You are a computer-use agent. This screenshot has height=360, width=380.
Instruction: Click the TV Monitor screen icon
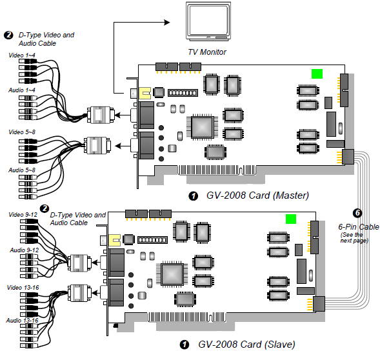pos(208,21)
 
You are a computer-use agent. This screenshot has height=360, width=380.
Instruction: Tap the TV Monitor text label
pos(207,52)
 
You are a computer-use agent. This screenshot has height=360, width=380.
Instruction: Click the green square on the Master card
pos(317,74)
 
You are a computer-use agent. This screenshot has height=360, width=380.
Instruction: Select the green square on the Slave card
pos(291,219)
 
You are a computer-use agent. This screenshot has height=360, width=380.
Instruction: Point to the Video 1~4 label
pos(22,55)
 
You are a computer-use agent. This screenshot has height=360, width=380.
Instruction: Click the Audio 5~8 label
pos(22,170)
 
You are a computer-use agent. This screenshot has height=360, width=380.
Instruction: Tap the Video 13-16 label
pos(23,288)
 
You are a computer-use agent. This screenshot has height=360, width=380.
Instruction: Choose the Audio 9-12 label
pos(25,250)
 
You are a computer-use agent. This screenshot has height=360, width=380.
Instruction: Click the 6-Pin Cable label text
pos(359,227)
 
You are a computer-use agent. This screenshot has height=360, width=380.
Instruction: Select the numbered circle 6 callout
pos(357,213)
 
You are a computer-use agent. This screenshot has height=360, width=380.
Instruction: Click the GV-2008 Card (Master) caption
pos(257,195)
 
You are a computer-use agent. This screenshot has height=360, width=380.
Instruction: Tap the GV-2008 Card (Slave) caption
pos(246,345)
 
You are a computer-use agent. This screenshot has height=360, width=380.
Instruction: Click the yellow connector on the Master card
pos(145,93)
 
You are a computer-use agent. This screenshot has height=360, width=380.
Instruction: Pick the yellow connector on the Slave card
pos(114,240)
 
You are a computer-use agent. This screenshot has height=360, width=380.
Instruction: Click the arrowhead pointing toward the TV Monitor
pos(166,23)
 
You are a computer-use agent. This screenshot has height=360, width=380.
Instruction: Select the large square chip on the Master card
pos(202,127)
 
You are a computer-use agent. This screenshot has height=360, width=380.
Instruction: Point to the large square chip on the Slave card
pos(172,274)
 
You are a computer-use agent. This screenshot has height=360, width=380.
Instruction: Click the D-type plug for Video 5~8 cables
pos(97,145)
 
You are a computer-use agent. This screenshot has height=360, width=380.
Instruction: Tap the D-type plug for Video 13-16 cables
pos(79,293)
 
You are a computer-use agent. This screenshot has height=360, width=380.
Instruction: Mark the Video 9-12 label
pos(23,215)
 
